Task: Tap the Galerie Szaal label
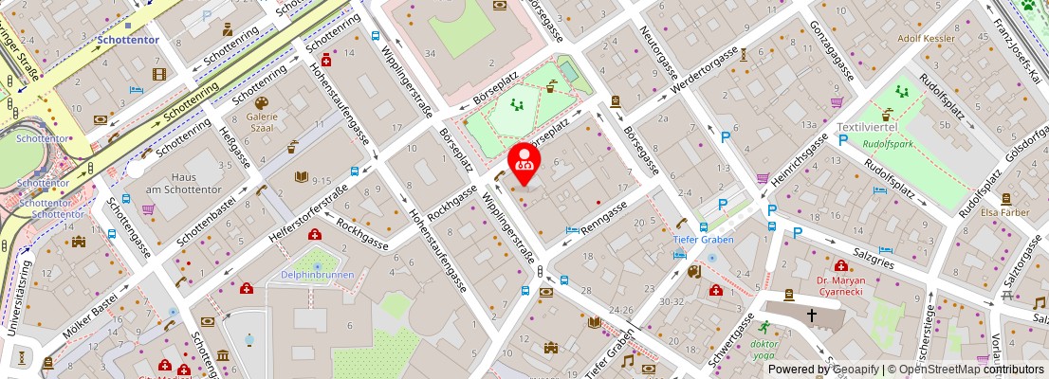[x=262, y=124]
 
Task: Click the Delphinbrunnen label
[x=317, y=275]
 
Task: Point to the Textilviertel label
[x=866, y=127]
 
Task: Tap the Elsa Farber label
[x=1005, y=213]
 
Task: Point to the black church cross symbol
[x=811, y=315]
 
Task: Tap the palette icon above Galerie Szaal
[x=262, y=101]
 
